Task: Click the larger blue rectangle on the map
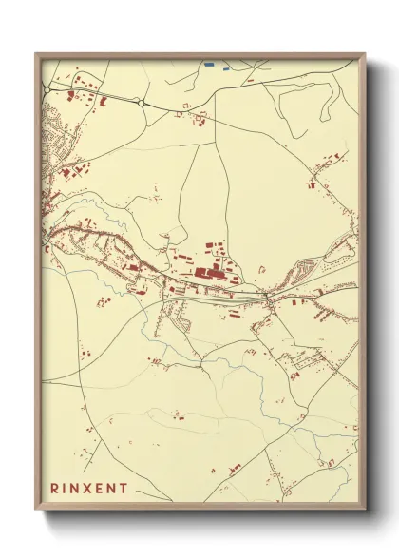click(x=208, y=65)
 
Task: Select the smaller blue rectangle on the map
click(x=225, y=67)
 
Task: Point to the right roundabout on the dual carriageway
click(x=141, y=102)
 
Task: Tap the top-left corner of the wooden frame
click(x=37, y=54)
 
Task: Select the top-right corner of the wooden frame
click(x=364, y=54)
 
